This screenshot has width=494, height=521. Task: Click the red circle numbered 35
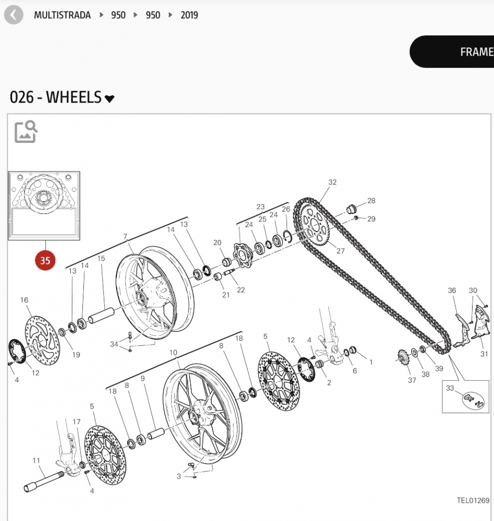45,260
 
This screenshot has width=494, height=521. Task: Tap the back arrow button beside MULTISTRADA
14,15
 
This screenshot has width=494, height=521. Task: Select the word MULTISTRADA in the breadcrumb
62,15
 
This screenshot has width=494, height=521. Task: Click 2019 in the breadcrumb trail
189,15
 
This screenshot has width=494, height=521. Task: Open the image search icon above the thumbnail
26,132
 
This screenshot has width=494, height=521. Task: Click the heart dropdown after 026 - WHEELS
109,98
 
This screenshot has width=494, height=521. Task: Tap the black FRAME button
459,52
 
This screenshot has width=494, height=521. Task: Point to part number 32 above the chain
332,182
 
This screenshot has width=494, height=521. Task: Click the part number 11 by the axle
36,461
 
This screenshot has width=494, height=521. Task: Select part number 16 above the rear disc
24,300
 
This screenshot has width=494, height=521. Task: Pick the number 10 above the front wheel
173,353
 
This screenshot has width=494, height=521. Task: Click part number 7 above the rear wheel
125,237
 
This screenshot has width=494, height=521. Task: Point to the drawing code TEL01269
473,501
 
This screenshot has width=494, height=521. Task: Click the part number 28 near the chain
371,201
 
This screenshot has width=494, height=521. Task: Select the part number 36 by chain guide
452,291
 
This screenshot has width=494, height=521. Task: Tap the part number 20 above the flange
217,243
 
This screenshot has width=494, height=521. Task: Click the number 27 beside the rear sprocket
340,251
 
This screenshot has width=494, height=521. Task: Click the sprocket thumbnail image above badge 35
44,206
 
